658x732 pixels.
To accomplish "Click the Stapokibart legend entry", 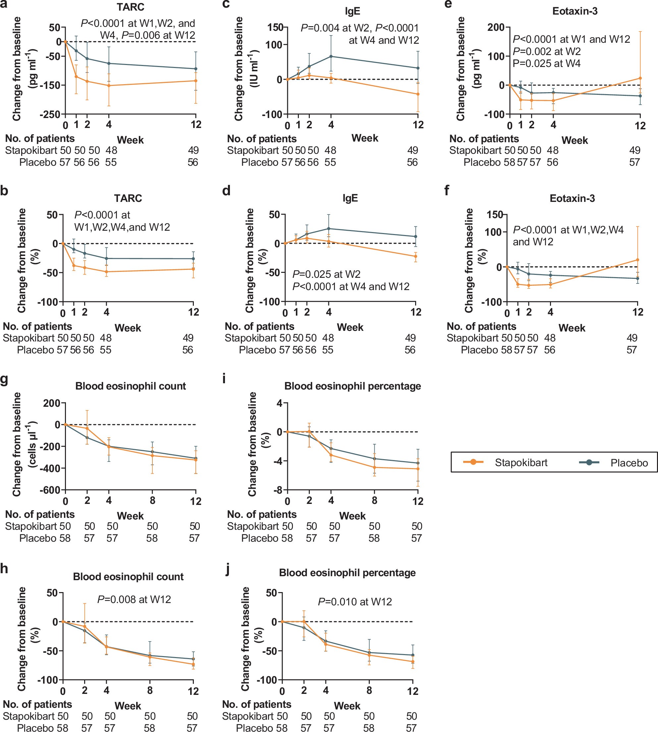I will tap(506, 462).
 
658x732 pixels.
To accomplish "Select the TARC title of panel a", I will tap(130, 8).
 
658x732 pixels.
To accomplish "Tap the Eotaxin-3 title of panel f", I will tap(572, 198).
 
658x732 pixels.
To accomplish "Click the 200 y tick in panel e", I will tap(496, 27).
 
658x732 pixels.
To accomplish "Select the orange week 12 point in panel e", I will tap(640, 78).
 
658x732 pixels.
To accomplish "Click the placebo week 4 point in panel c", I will tap(331, 56).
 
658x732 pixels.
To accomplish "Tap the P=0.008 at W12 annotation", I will tap(134, 600).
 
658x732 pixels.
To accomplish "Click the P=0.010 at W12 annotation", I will tap(355, 602).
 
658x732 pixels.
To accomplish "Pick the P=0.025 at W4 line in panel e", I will tap(546, 64).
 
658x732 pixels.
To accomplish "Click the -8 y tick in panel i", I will tap(279, 490).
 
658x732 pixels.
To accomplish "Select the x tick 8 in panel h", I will tap(150, 691).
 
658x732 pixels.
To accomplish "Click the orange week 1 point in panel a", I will tap(76, 76).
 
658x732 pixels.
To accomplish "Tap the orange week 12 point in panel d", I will tap(416, 256).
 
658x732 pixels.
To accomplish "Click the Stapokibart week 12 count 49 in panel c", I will tap(412, 150).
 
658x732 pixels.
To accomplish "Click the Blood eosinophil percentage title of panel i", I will tap(353, 386).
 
